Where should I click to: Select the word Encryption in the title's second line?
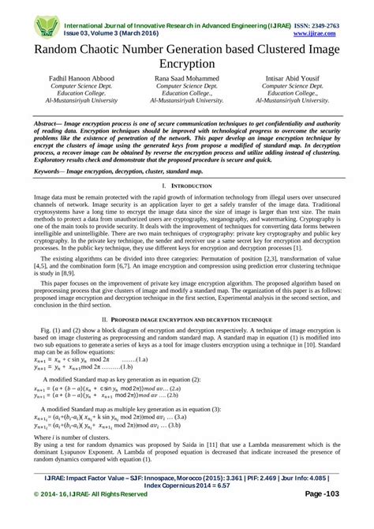click(x=186, y=65)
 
